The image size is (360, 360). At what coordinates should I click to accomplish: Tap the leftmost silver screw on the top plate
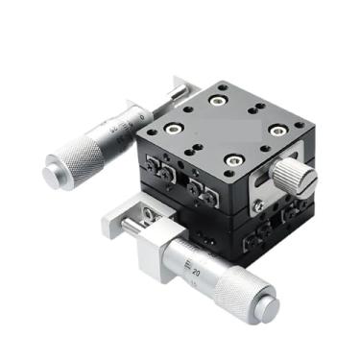pos(173,127)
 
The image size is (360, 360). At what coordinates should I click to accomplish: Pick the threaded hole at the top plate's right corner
pos(300,123)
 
